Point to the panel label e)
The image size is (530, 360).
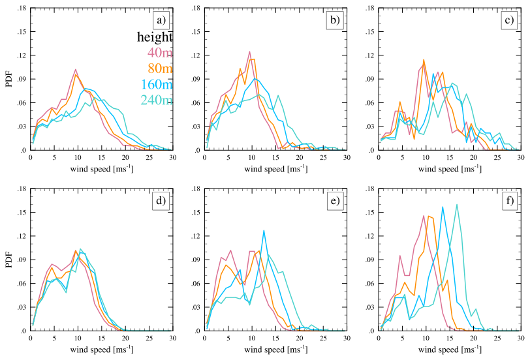(335, 201)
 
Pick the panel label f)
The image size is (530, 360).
(509, 201)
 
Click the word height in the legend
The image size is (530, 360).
(155, 37)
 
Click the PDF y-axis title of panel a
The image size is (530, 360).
(8, 79)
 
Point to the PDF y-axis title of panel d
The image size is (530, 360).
(8, 260)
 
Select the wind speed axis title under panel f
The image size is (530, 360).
(449, 348)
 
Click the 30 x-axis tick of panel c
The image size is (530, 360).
(520, 158)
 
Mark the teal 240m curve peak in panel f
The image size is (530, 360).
(456, 204)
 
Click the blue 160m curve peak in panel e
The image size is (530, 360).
(264, 230)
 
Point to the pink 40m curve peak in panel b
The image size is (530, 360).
(249, 52)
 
